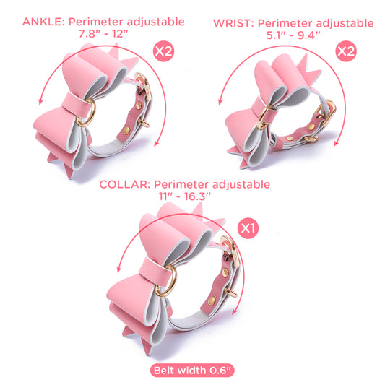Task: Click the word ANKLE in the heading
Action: pyautogui.click(x=43, y=22)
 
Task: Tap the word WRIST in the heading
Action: pyautogui.click(x=233, y=24)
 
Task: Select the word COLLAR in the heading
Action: pyautogui.click(x=125, y=184)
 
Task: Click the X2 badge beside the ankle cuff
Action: pyautogui.click(x=163, y=51)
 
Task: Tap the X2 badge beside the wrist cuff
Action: pyautogui.click(x=346, y=51)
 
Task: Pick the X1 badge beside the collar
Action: pyautogui.click(x=248, y=228)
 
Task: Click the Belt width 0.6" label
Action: pyautogui.click(x=192, y=371)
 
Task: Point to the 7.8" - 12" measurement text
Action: pyautogui.click(x=103, y=34)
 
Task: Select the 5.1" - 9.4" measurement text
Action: pyautogui.click(x=293, y=35)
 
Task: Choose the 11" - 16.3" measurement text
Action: pyautogui.click(x=184, y=196)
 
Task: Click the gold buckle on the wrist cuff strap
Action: pyautogui.click(x=329, y=113)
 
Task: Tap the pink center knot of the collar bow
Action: pyautogui.click(x=153, y=272)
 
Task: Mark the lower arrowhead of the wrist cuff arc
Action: pyautogui.click(x=337, y=144)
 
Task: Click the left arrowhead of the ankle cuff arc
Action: pyautogui.click(x=40, y=101)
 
